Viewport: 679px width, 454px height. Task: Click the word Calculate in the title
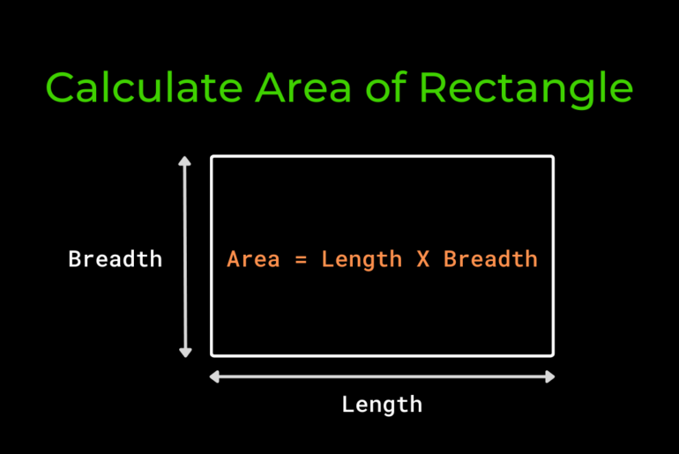pyautogui.click(x=144, y=87)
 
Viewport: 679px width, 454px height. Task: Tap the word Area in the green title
pyautogui.click(x=303, y=88)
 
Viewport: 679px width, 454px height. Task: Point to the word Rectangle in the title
pyautogui.click(x=526, y=90)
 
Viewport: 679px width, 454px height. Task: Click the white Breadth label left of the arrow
pyautogui.click(x=116, y=259)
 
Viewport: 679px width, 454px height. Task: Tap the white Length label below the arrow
pyautogui.click(x=382, y=406)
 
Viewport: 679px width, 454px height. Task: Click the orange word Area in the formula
pyautogui.click(x=253, y=259)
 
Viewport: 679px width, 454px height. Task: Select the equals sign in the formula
pyautogui.click(x=301, y=260)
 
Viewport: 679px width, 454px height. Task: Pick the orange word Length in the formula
pyautogui.click(x=362, y=260)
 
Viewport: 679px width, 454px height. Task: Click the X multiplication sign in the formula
pyautogui.click(x=423, y=259)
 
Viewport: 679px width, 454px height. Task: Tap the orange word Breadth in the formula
pyautogui.click(x=490, y=259)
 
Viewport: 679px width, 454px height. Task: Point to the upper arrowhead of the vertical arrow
pyautogui.click(x=185, y=161)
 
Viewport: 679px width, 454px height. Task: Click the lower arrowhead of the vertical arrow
pyautogui.click(x=185, y=353)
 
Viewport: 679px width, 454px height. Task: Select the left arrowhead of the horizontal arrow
pyautogui.click(x=214, y=377)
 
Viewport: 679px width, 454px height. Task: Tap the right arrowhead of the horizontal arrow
pyautogui.click(x=550, y=377)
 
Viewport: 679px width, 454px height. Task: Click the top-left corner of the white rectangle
pyautogui.click(x=212, y=157)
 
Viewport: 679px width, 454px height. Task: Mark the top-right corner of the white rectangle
pyautogui.click(x=553, y=157)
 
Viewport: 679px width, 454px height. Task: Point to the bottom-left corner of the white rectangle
pyautogui.click(x=212, y=355)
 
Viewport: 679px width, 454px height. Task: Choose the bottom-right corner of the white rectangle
pyautogui.click(x=553, y=355)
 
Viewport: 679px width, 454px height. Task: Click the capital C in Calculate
pyautogui.click(x=60, y=87)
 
